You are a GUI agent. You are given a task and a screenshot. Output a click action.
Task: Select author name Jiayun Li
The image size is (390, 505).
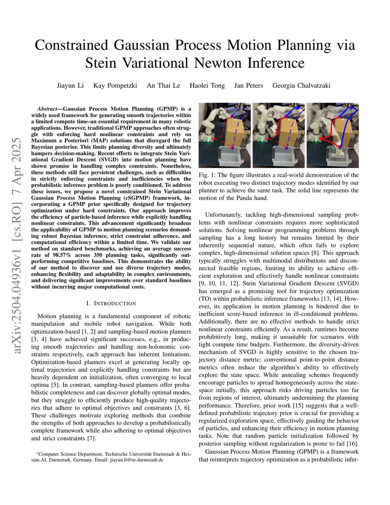[70, 85]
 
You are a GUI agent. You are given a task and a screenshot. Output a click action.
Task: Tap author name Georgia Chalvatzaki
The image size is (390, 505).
[301, 85]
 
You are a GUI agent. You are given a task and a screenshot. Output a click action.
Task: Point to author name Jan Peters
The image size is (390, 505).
[248, 85]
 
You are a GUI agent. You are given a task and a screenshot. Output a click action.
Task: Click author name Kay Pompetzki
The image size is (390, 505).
[115, 85]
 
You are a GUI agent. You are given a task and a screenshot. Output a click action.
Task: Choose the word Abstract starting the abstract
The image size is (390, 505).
[47, 109]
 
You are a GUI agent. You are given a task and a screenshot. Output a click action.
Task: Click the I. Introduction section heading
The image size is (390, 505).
[111, 303]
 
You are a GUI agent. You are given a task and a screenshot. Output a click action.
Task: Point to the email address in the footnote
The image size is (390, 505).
[137, 460]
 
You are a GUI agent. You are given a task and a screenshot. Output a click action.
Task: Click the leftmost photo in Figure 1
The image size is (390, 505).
[225, 135]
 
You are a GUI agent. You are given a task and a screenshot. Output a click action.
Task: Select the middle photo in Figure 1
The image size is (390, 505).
[278, 135]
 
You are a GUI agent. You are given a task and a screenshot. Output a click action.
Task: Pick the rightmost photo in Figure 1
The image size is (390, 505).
[332, 135]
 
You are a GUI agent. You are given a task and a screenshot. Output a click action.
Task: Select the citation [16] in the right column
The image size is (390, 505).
[352, 444]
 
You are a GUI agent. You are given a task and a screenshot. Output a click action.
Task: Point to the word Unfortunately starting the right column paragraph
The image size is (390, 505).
[223, 215]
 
